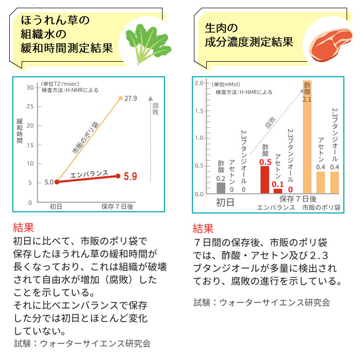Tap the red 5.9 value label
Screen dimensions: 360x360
point(130,176)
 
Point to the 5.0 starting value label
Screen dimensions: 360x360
point(48,182)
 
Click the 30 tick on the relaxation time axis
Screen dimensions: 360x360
point(29,88)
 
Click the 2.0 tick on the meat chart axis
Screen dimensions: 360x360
point(200,83)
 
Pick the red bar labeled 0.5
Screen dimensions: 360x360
point(265,179)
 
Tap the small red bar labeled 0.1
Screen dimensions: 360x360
point(278,191)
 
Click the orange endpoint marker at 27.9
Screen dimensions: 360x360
point(120,98)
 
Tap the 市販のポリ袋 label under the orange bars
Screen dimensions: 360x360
point(321,208)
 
